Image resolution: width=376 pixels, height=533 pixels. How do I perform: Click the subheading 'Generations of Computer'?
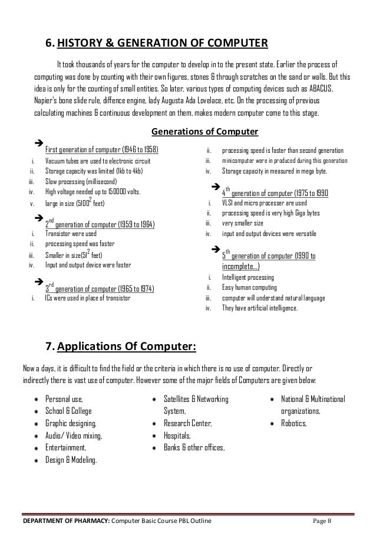point(205,130)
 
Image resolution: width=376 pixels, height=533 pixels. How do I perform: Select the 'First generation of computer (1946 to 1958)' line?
point(102,147)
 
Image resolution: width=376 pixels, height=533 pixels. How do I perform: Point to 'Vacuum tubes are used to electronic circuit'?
point(98,161)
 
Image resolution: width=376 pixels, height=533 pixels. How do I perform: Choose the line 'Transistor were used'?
point(71,233)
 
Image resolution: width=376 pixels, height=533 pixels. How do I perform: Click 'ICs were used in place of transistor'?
point(88,297)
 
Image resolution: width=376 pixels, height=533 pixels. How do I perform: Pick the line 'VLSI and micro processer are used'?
point(264,202)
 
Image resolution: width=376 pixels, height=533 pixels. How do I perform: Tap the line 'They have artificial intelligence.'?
point(260,308)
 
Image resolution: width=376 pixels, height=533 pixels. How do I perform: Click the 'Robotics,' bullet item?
point(293,423)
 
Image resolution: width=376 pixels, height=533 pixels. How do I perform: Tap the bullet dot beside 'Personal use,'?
point(36,399)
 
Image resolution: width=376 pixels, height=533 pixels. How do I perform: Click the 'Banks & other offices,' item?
point(194,448)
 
